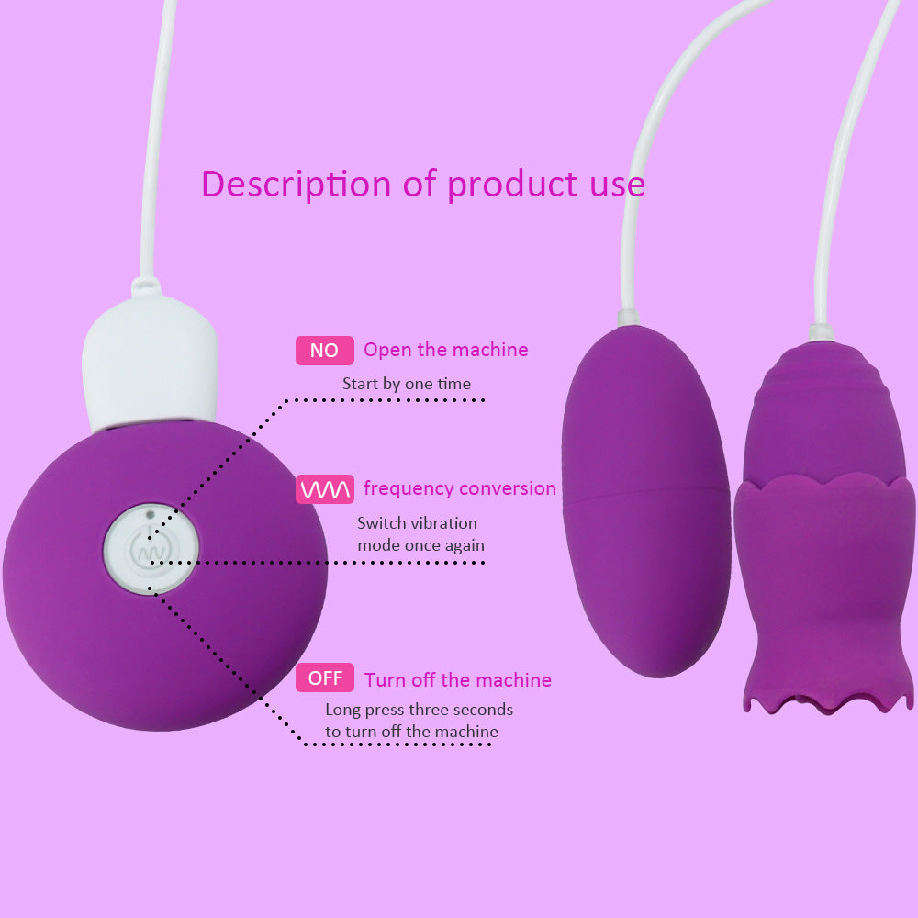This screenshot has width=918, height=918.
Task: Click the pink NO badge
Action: [x=324, y=350]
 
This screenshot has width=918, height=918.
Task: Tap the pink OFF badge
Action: [x=324, y=677]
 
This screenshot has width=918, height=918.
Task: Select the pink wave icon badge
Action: [x=324, y=489]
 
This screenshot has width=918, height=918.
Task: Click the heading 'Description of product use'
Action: [x=422, y=185]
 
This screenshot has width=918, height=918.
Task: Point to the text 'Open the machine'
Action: [x=445, y=350]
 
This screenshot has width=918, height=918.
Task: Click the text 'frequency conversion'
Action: [x=460, y=488]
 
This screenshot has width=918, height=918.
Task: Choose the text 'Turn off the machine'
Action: [x=458, y=679]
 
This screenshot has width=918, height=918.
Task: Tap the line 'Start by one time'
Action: [x=407, y=384]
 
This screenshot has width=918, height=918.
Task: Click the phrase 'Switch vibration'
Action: [x=417, y=523]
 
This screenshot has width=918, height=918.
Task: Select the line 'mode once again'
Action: [x=421, y=545]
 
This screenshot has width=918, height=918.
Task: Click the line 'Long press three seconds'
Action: [x=420, y=710]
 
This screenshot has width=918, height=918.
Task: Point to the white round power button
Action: [x=151, y=549]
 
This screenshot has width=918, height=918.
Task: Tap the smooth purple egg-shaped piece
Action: [x=645, y=500]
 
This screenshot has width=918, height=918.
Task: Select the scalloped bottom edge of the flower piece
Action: [x=827, y=700]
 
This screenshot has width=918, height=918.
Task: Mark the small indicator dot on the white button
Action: [x=151, y=514]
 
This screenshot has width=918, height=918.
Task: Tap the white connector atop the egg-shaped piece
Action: [x=629, y=318]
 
